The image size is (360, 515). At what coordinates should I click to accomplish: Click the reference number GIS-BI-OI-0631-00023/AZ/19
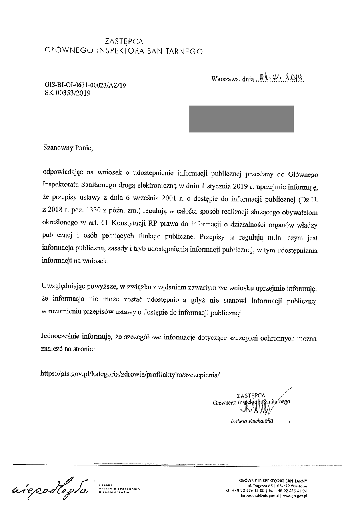(x=86, y=85)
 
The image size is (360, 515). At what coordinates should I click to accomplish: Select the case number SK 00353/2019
(x=68, y=94)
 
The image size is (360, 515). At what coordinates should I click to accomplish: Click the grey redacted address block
(x=241, y=119)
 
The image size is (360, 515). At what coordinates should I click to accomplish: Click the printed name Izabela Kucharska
(x=252, y=421)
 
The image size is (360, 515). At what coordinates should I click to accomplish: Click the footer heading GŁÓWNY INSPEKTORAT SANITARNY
(x=272, y=481)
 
